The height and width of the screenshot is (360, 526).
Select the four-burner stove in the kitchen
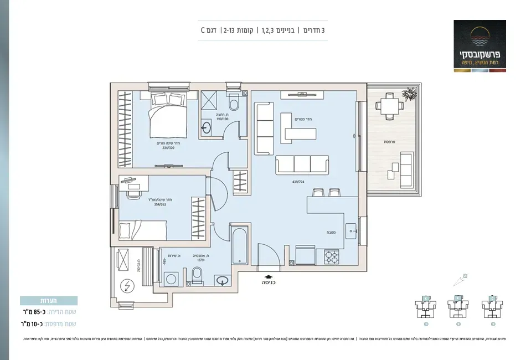click(331, 257)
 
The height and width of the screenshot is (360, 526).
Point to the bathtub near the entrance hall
click(240, 244)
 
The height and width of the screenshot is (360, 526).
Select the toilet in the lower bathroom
click(197, 275)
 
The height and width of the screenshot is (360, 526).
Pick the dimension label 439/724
click(297, 181)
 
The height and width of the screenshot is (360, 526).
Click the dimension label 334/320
click(169, 148)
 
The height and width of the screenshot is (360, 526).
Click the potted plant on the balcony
click(409, 96)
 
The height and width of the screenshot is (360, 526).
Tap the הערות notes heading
click(49, 301)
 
